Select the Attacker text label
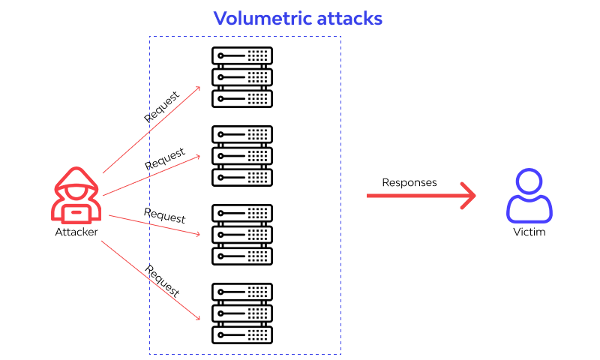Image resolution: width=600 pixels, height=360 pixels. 76,232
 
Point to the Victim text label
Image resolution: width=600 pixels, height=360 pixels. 529,232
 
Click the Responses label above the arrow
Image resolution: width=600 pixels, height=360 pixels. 409,182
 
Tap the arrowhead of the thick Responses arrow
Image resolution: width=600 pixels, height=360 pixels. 469,196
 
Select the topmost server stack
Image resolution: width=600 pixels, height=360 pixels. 241,77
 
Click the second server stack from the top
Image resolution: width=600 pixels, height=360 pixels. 241,156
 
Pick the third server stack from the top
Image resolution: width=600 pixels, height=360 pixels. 241,234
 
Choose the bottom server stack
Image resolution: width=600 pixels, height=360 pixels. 241,313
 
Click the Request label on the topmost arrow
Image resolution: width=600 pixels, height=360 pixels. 161,107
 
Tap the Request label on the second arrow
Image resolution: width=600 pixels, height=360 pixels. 165,158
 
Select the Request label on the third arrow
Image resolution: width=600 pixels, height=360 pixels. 164,215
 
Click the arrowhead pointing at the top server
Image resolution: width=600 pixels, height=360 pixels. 198,88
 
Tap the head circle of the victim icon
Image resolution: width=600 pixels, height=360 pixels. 529,182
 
